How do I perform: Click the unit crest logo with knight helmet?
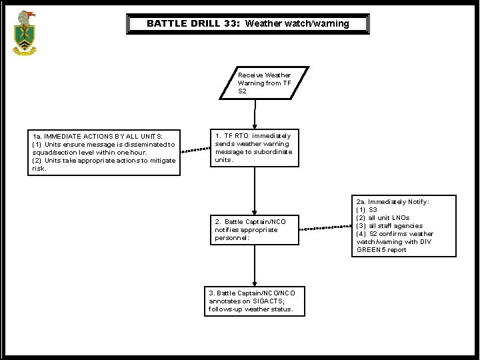pos(26,32)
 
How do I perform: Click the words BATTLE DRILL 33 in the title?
pos(193,24)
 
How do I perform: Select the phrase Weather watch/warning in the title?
pos(297,24)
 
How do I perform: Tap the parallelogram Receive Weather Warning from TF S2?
pos(265,83)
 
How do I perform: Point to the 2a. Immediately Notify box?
pos(394,225)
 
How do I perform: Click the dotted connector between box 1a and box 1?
pos(195,150)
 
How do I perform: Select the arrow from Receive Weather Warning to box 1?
pos(254,113)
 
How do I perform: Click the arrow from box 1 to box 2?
pos(254,190)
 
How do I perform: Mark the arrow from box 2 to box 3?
pos(254,267)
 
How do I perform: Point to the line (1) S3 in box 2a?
pos(369,209)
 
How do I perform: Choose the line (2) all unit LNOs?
pos(383,217)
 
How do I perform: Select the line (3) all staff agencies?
pos(389,225)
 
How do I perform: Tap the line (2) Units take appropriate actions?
pos(104,160)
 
